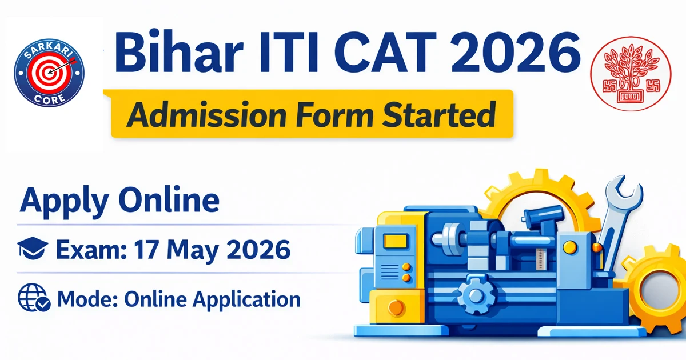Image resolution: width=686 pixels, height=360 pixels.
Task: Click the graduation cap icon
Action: [33, 250]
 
